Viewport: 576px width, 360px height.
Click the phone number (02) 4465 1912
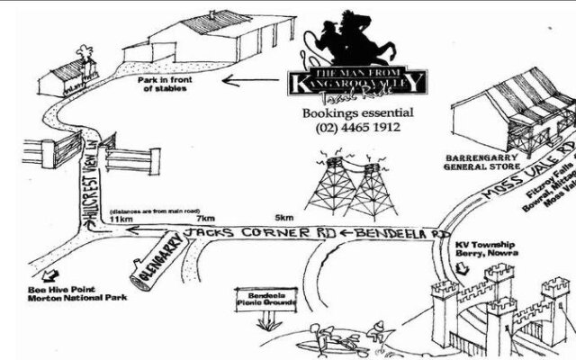coord(357,129)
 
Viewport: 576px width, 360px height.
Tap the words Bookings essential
coord(357,113)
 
